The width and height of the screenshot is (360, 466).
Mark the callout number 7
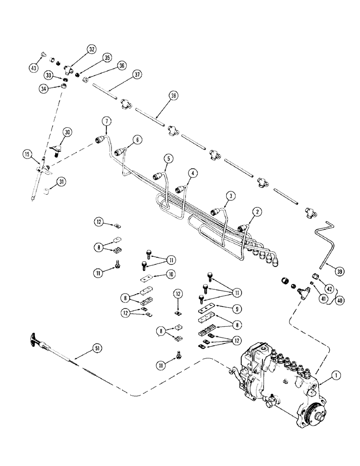(x=107, y=122)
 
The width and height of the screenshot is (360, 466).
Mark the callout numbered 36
(x=122, y=66)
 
